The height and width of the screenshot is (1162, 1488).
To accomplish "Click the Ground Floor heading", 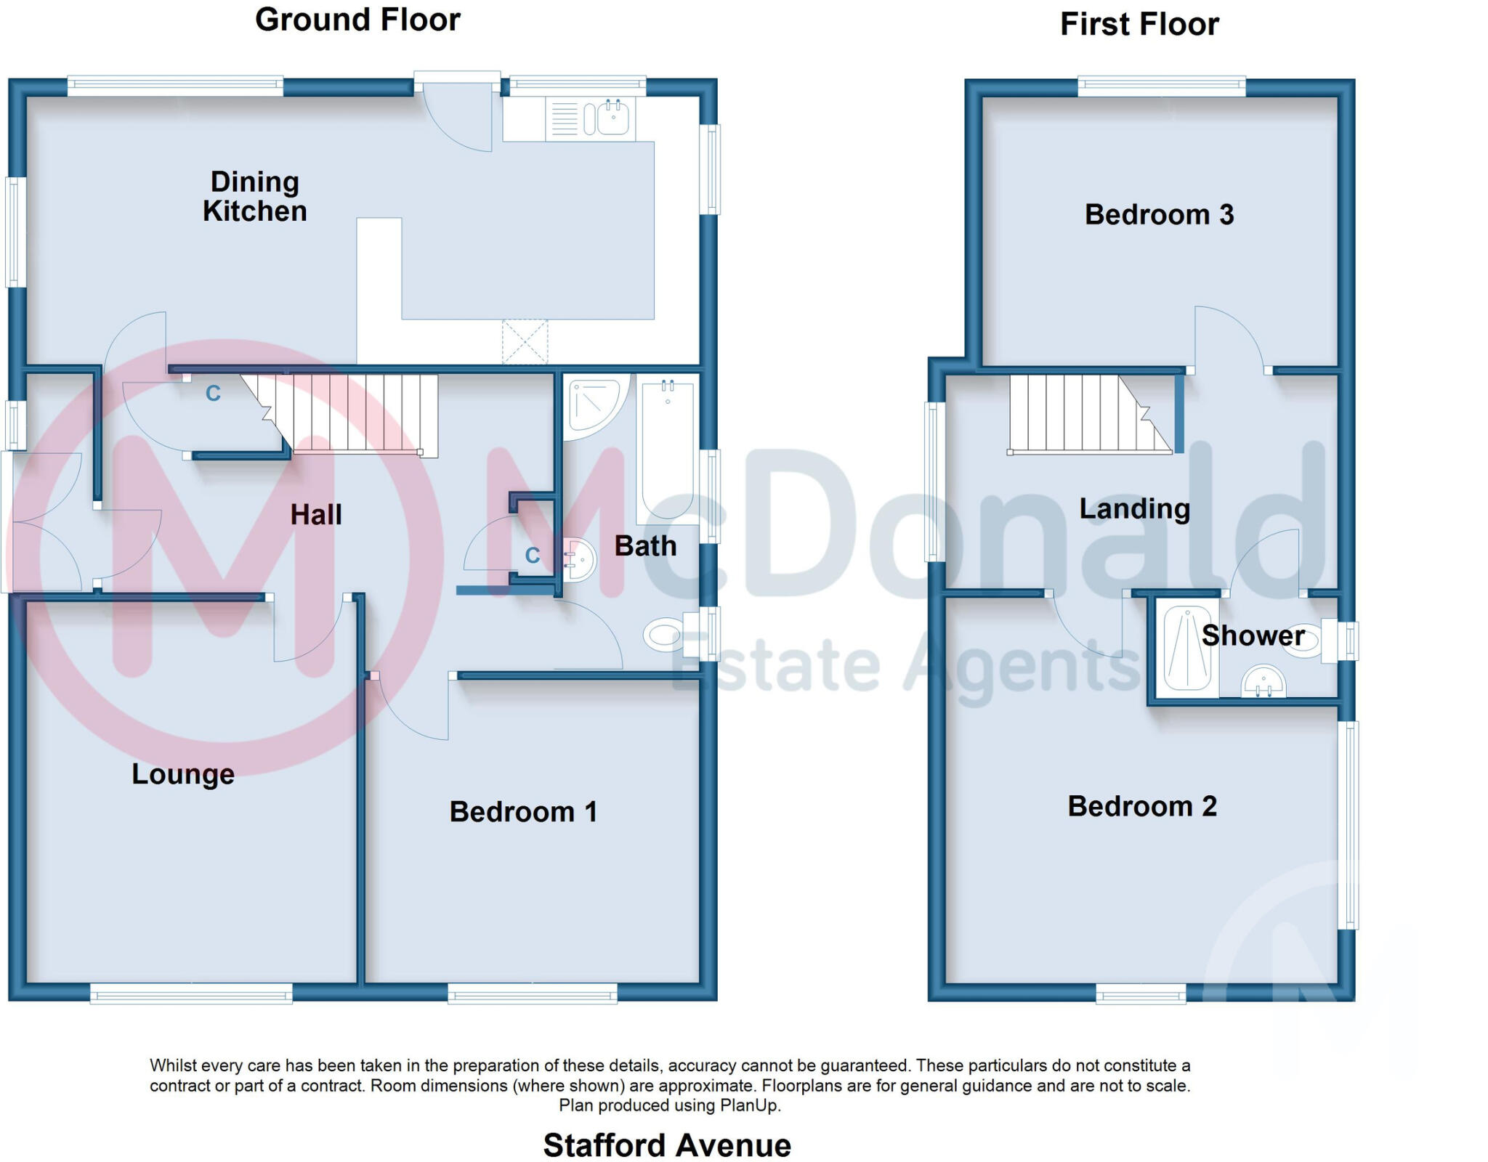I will (x=357, y=20).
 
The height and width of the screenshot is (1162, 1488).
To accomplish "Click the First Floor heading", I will (x=1139, y=24).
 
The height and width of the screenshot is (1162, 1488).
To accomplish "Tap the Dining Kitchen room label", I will (x=254, y=196).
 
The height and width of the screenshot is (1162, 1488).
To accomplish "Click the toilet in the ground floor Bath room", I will (x=665, y=635).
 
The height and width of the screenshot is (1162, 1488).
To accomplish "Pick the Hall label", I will (x=316, y=515).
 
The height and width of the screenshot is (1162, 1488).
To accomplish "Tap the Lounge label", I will (x=183, y=774).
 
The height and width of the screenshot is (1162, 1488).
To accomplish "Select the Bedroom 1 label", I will (x=523, y=812).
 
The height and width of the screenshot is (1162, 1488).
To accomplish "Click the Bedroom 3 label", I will (x=1159, y=215).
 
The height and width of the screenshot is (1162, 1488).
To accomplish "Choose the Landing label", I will (x=1134, y=509).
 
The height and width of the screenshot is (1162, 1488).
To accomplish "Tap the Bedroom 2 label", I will (x=1142, y=807).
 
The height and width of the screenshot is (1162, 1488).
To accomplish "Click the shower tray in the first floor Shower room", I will (x=1187, y=648).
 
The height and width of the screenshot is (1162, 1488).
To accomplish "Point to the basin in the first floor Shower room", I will (x=1263, y=683).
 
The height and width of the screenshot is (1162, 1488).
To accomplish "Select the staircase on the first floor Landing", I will (x=1083, y=414).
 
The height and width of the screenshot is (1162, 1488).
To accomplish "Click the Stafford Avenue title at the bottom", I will (x=667, y=1145).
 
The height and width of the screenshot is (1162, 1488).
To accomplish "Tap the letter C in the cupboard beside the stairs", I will (x=213, y=394).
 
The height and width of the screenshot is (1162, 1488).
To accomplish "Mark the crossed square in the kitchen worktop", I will (x=525, y=341).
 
